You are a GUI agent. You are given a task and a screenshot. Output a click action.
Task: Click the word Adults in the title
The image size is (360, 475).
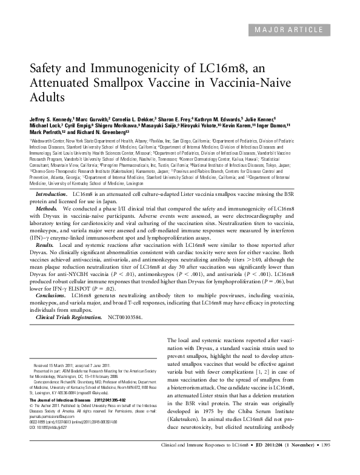pos(47,97)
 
